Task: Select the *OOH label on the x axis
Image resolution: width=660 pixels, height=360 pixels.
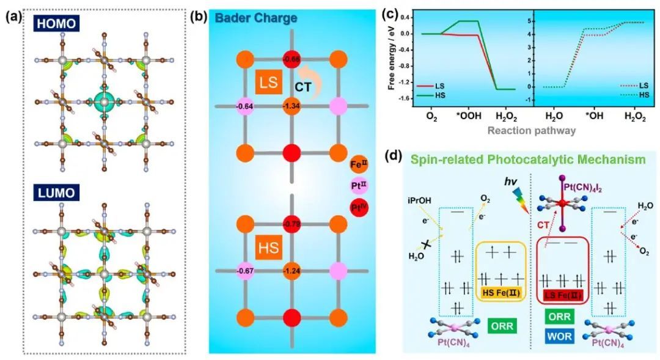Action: [468, 115]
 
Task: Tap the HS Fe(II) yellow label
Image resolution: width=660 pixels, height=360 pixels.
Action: [500, 294]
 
